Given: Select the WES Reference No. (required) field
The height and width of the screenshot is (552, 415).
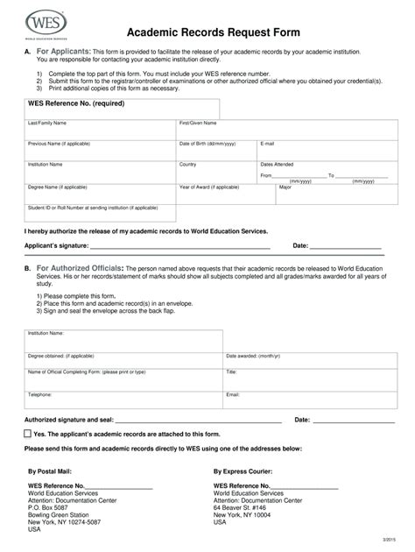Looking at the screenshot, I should pyautogui.click(x=122, y=110).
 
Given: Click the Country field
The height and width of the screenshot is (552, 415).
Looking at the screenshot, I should pyautogui.click(x=215, y=170).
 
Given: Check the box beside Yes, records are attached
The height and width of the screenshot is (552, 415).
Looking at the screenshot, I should pyautogui.click(x=28, y=433).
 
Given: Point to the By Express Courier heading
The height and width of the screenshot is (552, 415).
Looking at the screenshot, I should pyautogui.click(x=248, y=471).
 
